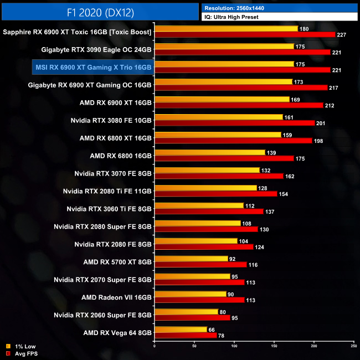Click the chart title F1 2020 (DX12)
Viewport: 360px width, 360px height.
pos(99,11)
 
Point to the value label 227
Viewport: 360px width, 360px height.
pos(342,34)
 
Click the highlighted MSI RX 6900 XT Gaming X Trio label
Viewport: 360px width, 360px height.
pos(92,67)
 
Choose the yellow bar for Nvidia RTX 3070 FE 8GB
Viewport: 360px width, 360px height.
pos(207,170)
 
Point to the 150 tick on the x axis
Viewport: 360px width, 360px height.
pos(274,346)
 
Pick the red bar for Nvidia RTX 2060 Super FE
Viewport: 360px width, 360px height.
pos(192,317)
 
